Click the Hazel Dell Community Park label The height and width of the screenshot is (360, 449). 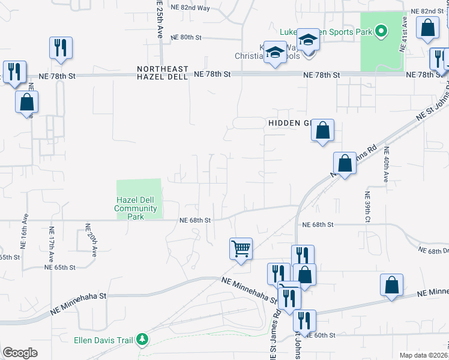tap(136, 208)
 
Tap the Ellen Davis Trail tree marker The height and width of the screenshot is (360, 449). tap(142, 340)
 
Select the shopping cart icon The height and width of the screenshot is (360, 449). tap(241, 248)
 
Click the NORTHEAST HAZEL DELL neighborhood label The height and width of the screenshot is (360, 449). tap(162, 73)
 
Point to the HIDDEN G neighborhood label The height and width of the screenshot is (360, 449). tap(288, 123)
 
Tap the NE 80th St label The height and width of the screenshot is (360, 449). tap(186, 37)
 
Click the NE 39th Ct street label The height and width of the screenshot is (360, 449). tap(366, 207)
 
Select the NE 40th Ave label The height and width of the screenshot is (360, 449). tap(386, 164)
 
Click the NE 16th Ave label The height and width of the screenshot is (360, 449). tap(25, 231)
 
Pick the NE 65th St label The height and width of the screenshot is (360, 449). tap(61, 267)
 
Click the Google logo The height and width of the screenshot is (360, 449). tap(20, 353)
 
